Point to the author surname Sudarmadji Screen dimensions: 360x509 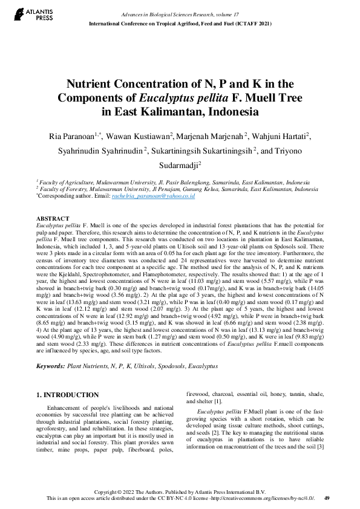[x=179, y=164]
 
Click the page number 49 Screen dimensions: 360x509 [x=327, y=498]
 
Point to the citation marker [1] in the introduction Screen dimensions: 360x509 [x=218, y=401]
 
